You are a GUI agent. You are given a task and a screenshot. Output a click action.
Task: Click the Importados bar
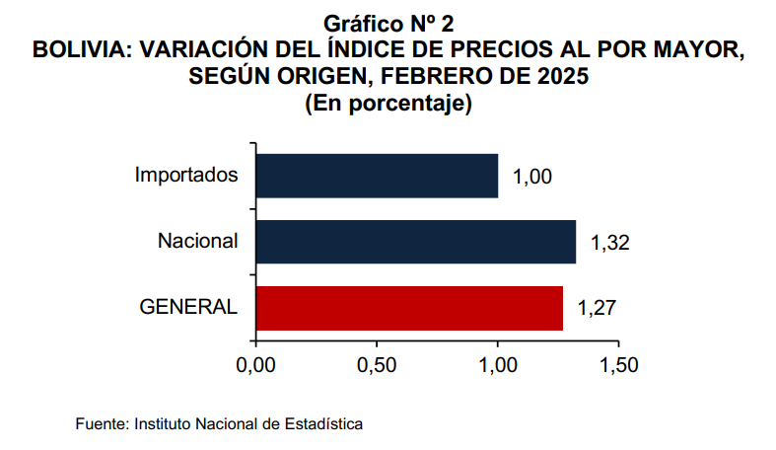[377, 177]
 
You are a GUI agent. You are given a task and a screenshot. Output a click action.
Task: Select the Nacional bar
[415, 242]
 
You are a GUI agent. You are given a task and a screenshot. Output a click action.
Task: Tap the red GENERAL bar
[409, 308]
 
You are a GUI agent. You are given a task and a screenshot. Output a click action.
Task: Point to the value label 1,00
[532, 178]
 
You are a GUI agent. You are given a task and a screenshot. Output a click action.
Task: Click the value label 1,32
[609, 243]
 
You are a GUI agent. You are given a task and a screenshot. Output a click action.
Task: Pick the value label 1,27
[597, 308]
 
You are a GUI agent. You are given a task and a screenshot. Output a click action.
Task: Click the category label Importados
[187, 176]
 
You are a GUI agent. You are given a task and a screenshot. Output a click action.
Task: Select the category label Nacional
[198, 241]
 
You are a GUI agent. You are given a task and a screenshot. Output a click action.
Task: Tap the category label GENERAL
[188, 307]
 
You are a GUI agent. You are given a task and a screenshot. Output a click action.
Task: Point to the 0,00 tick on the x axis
[255, 365]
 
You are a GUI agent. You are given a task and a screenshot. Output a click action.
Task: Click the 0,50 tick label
[377, 365]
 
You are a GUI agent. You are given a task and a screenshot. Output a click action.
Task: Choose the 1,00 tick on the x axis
[498, 365]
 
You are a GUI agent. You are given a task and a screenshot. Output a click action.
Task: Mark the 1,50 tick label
[618, 365]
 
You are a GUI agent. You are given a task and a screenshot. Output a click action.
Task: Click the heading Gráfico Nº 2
[388, 23]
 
